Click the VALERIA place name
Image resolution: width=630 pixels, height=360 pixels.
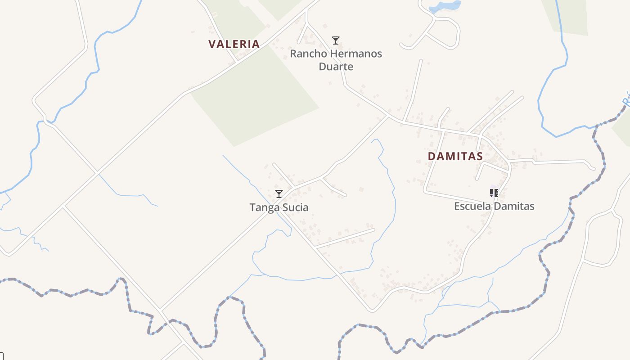click(x=234, y=44)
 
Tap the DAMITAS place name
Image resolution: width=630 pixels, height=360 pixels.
click(x=455, y=156)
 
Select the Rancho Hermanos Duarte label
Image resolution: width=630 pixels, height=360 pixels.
click(x=336, y=60)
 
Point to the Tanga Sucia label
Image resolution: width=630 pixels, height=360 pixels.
click(x=279, y=207)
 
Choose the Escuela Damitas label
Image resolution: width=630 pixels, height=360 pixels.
click(x=494, y=206)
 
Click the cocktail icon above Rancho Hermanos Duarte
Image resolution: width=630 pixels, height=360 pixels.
click(x=336, y=40)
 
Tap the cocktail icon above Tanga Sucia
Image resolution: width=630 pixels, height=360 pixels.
click(x=279, y=194)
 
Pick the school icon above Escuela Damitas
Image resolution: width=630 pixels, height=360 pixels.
click(x=494, y=193)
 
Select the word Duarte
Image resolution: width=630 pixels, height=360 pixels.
click(x=336, y=67)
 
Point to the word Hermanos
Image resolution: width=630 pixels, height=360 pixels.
click(x=355, y=54)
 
